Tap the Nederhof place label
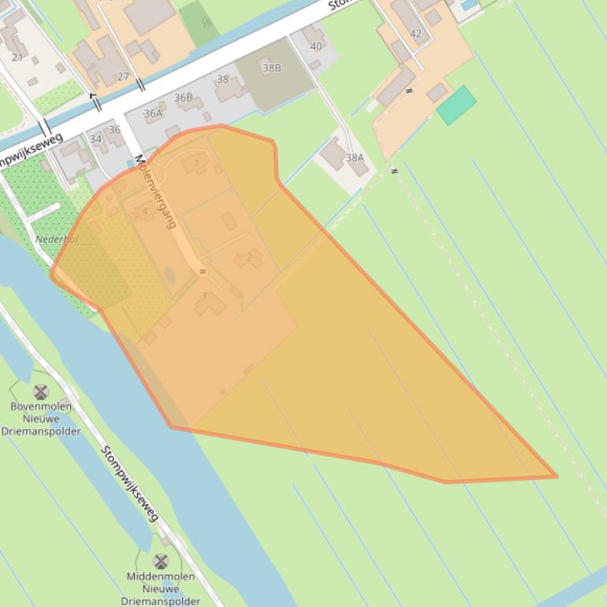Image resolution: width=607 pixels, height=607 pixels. point(57,239)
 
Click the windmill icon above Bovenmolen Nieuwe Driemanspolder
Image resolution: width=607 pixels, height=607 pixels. point(41,392)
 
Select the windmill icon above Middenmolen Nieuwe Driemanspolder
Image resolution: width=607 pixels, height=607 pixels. point(161,561)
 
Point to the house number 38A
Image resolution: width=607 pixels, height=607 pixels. point(355,158)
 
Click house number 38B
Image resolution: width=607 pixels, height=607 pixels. point(272,68)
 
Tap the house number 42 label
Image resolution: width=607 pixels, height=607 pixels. point(415,34)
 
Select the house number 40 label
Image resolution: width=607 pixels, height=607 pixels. point(316,47)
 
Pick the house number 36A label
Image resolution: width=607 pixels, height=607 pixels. point(153,114)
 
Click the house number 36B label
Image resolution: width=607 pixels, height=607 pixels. point(184,98)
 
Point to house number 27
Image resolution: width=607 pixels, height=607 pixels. point(123,76)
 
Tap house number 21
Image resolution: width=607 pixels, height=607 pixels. point(17,57)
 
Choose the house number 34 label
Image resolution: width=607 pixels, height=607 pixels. point(95,139)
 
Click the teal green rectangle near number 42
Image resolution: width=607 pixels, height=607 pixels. point(456,106)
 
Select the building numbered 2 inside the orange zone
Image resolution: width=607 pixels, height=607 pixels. point(249,258)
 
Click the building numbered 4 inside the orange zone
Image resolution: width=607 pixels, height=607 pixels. point(143,211)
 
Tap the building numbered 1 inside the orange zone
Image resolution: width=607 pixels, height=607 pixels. point(196,163)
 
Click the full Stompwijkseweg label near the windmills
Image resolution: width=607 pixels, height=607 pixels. point(130,483)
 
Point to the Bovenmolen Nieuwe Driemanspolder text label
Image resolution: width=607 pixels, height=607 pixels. point(41,419)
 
